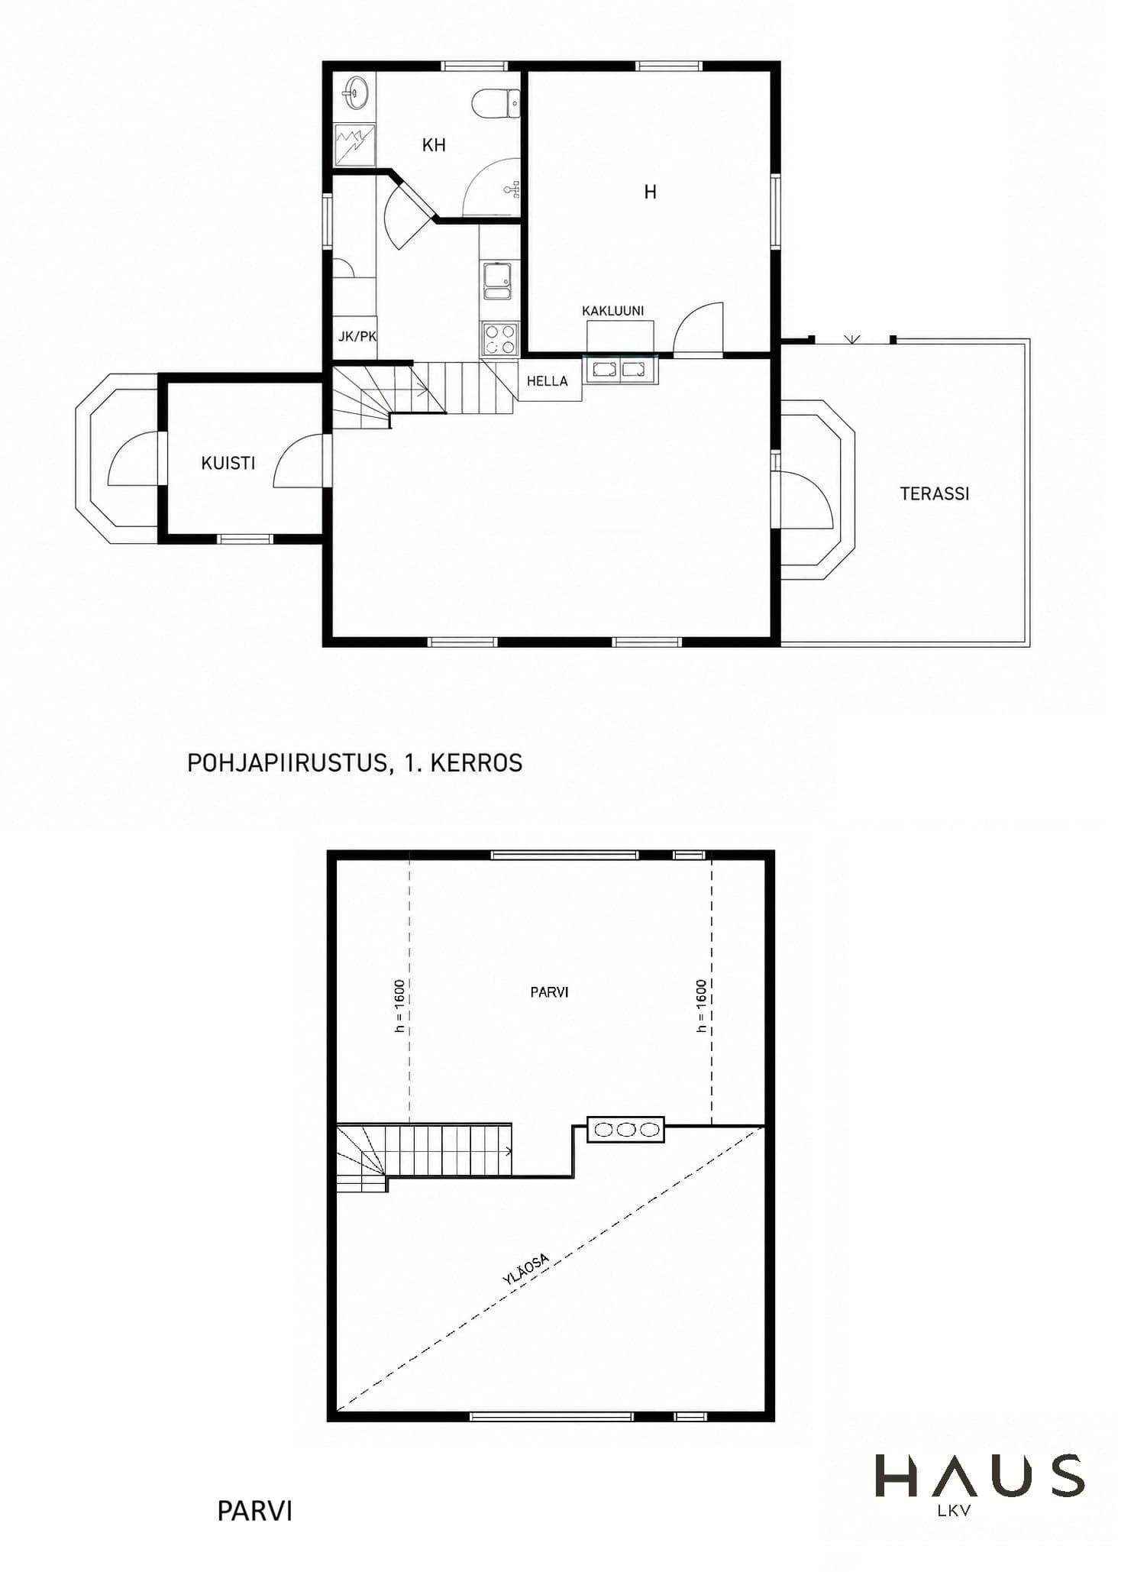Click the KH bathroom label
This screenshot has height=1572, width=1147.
point(434,145)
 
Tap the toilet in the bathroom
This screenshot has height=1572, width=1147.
point(496,104)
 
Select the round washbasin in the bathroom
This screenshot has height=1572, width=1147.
point(356,92)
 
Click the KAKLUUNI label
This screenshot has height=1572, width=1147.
point(612,311)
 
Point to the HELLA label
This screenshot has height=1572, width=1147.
point(547,381)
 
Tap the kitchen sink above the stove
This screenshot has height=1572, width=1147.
point(499,280)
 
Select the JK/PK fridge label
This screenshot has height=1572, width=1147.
point(357,336)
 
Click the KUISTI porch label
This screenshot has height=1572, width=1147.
point(228,463)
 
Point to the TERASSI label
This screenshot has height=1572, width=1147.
point(935,494)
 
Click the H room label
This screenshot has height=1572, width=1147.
point(650,192)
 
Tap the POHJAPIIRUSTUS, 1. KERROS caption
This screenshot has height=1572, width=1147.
point(355,763)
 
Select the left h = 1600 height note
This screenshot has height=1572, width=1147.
point(399,1006)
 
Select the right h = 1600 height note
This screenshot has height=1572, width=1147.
point(702,1006)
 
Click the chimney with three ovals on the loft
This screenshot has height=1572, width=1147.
point(625,1130)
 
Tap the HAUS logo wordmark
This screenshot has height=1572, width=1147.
point(979,1476)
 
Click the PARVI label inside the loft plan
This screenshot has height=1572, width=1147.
point(549,992)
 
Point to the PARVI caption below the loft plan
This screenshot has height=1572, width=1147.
point(254,1512)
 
